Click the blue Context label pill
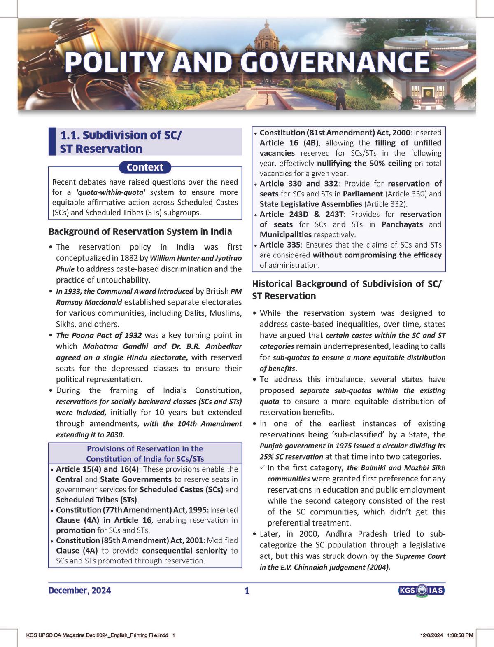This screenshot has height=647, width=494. tap(145, 167)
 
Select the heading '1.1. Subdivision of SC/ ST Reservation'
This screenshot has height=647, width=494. tap(121, 142)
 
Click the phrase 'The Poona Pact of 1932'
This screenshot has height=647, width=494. tap(99, 335)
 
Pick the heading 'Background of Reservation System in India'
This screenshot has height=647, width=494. tap(140, 231)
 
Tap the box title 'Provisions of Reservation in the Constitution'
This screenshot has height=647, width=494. tap(145, 453)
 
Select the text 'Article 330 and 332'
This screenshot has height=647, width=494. tap(298, 184)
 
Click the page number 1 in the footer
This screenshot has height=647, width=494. tap(247, 591)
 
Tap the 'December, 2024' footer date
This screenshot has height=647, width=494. tap(79, 591)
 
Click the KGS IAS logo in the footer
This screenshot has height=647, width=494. tap(421, 591)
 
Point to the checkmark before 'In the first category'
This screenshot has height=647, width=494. tap(262, 468)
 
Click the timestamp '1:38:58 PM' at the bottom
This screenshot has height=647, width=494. tap(459, 635)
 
